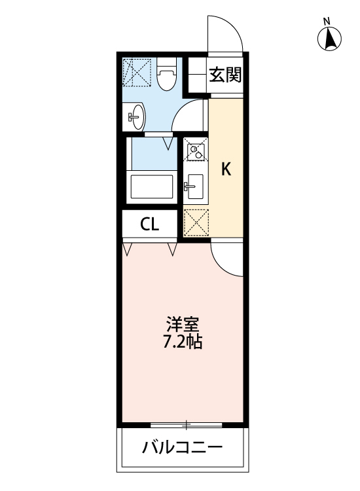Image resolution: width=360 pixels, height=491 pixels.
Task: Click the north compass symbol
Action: click(331, 40)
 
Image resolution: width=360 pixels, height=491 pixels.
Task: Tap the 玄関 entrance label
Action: click(225, 75)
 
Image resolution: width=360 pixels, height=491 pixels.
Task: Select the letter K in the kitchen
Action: click(226, 170)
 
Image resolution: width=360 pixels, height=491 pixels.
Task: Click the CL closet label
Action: click(150, 225)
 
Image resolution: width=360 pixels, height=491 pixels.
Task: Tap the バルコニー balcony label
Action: click(183, 448)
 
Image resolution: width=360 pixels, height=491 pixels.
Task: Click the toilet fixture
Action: click(167, 75)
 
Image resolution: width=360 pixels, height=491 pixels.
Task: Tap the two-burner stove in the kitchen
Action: click(194, 152)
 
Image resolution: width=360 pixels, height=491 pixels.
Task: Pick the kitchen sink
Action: click(194, 189)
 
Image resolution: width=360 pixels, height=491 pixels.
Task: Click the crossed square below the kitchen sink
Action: click(195, 222)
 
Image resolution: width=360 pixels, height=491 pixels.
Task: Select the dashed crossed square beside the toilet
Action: click(138, 71)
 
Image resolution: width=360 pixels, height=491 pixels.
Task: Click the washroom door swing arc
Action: click(193, 117)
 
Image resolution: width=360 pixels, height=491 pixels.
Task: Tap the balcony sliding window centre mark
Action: click(187, 426)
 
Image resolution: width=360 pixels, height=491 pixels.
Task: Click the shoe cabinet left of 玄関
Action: click(196, 74)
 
